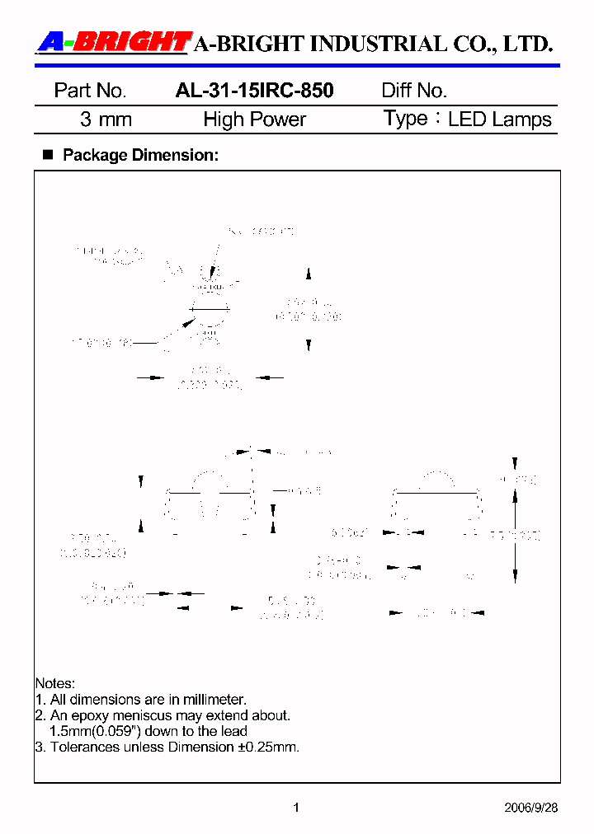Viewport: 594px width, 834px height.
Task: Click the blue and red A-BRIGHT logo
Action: (114, 42)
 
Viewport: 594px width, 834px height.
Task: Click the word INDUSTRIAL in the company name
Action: (354, 44)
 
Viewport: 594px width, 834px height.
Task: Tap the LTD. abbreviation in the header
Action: (527, 44)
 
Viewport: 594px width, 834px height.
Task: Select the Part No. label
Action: (90, 91)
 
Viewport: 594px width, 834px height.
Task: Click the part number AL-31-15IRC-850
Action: (254, 91)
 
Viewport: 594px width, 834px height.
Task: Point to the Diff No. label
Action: (414, 91)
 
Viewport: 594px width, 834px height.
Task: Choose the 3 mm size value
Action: (106, 119)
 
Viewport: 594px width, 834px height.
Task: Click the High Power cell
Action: (254, 119)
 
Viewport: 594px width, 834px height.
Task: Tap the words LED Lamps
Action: (500, 119)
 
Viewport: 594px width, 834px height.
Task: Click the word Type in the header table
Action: (405, 119)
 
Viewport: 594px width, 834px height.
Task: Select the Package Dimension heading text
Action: (140, 155)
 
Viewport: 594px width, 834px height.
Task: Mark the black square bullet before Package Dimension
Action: (47, 154)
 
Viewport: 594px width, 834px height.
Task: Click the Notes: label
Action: (54, 683)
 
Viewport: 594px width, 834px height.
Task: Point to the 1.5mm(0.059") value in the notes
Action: (97, 731)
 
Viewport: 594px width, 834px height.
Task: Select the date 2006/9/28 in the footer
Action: (531, 808)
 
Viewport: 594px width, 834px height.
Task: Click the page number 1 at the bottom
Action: (296, 808)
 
